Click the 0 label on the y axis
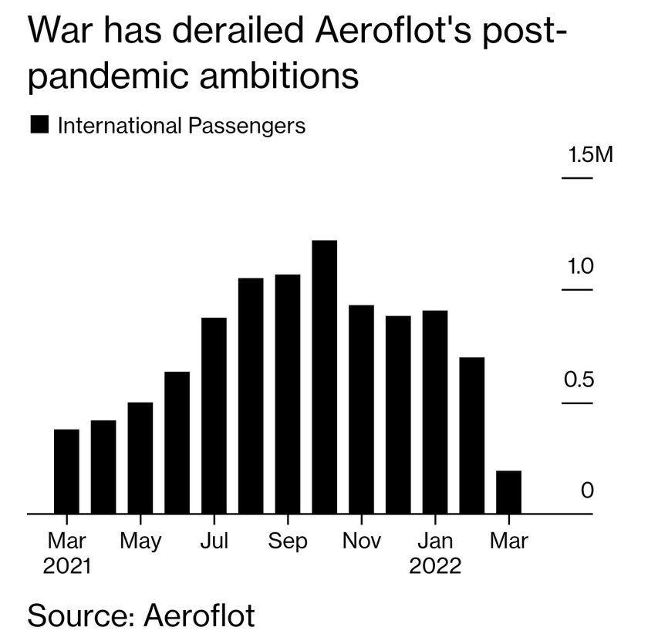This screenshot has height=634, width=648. tap(588, 491)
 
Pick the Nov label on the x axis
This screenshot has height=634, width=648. tap(362, 541)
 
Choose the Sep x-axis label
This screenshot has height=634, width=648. tap(288, 541)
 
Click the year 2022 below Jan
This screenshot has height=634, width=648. tap(435, 567)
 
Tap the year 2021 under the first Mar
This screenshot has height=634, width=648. tap(66, 567)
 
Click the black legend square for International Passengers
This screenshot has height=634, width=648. tap(39, 125)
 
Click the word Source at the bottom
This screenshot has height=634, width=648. tap(73, 616)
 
